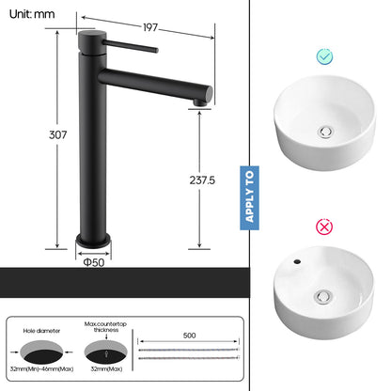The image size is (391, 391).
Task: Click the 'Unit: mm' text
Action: (29, 14)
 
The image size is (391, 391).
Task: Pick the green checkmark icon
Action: (324, 56)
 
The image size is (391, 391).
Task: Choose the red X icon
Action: (324, 227)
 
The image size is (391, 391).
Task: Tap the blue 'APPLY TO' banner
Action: (249, 195)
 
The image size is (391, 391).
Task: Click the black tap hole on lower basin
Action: (297, 257)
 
